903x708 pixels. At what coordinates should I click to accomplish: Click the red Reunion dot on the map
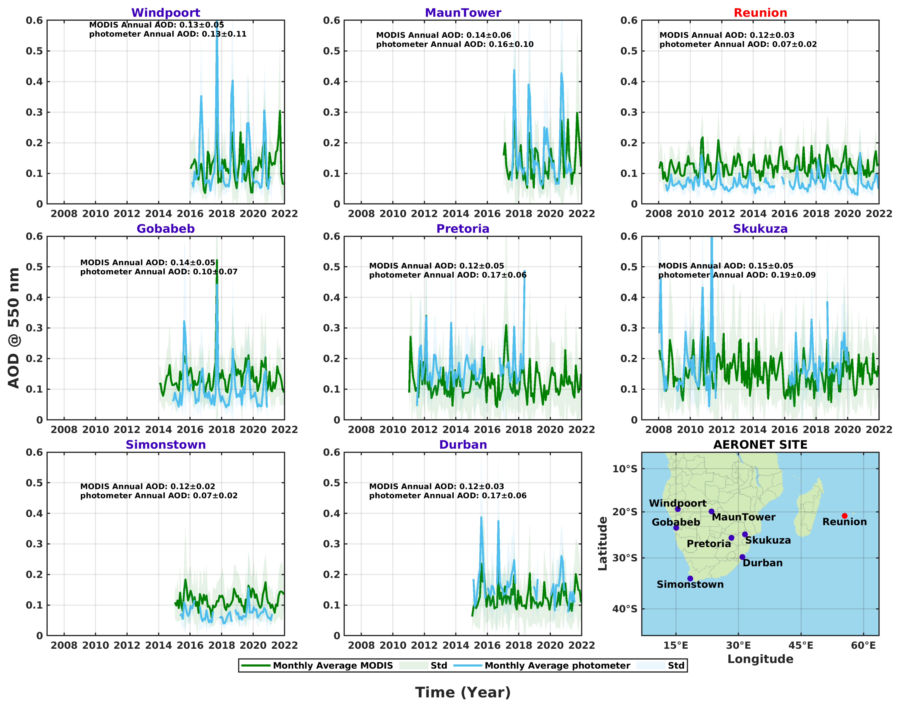point(845,516)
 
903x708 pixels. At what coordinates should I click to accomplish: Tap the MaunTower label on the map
point(744,517)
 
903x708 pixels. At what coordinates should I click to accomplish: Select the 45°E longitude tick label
point(801,645)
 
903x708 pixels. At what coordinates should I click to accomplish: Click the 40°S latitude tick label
point(625,609)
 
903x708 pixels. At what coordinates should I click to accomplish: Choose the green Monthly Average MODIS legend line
point(256,665)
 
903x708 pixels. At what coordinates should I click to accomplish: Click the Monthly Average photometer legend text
point(557,665)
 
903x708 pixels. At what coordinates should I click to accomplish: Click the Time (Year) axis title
point(463,692)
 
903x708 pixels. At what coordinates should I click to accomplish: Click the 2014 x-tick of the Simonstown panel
point(158,645)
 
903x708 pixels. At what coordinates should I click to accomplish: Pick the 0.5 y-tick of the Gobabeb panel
point(34,267)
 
